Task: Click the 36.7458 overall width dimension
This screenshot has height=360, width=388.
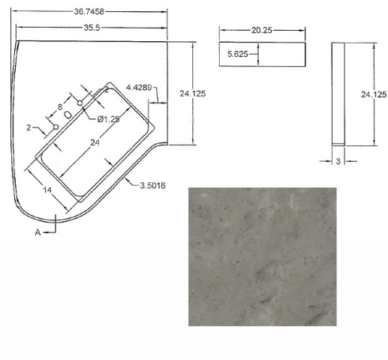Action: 89,11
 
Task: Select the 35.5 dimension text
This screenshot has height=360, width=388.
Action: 92,28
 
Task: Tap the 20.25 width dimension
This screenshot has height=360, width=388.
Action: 261,30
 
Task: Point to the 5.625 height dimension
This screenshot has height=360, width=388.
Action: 237,54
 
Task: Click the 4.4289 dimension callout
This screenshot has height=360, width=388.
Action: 139,88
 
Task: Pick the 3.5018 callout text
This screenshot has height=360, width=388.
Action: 152,185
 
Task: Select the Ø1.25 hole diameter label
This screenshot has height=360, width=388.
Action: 108,119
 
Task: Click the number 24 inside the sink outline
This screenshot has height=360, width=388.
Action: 95,142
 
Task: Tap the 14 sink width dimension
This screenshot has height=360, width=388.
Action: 47,190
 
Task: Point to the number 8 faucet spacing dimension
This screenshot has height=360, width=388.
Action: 60,107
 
